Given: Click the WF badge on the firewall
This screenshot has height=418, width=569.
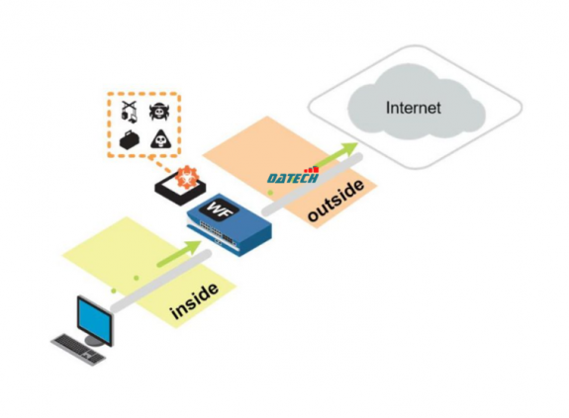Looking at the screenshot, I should click(216, 209).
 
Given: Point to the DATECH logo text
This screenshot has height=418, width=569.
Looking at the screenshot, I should click(292, 177).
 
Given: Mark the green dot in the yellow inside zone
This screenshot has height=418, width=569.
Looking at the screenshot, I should click(117, 290).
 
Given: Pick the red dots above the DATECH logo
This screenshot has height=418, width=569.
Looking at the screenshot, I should click(314, 167).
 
